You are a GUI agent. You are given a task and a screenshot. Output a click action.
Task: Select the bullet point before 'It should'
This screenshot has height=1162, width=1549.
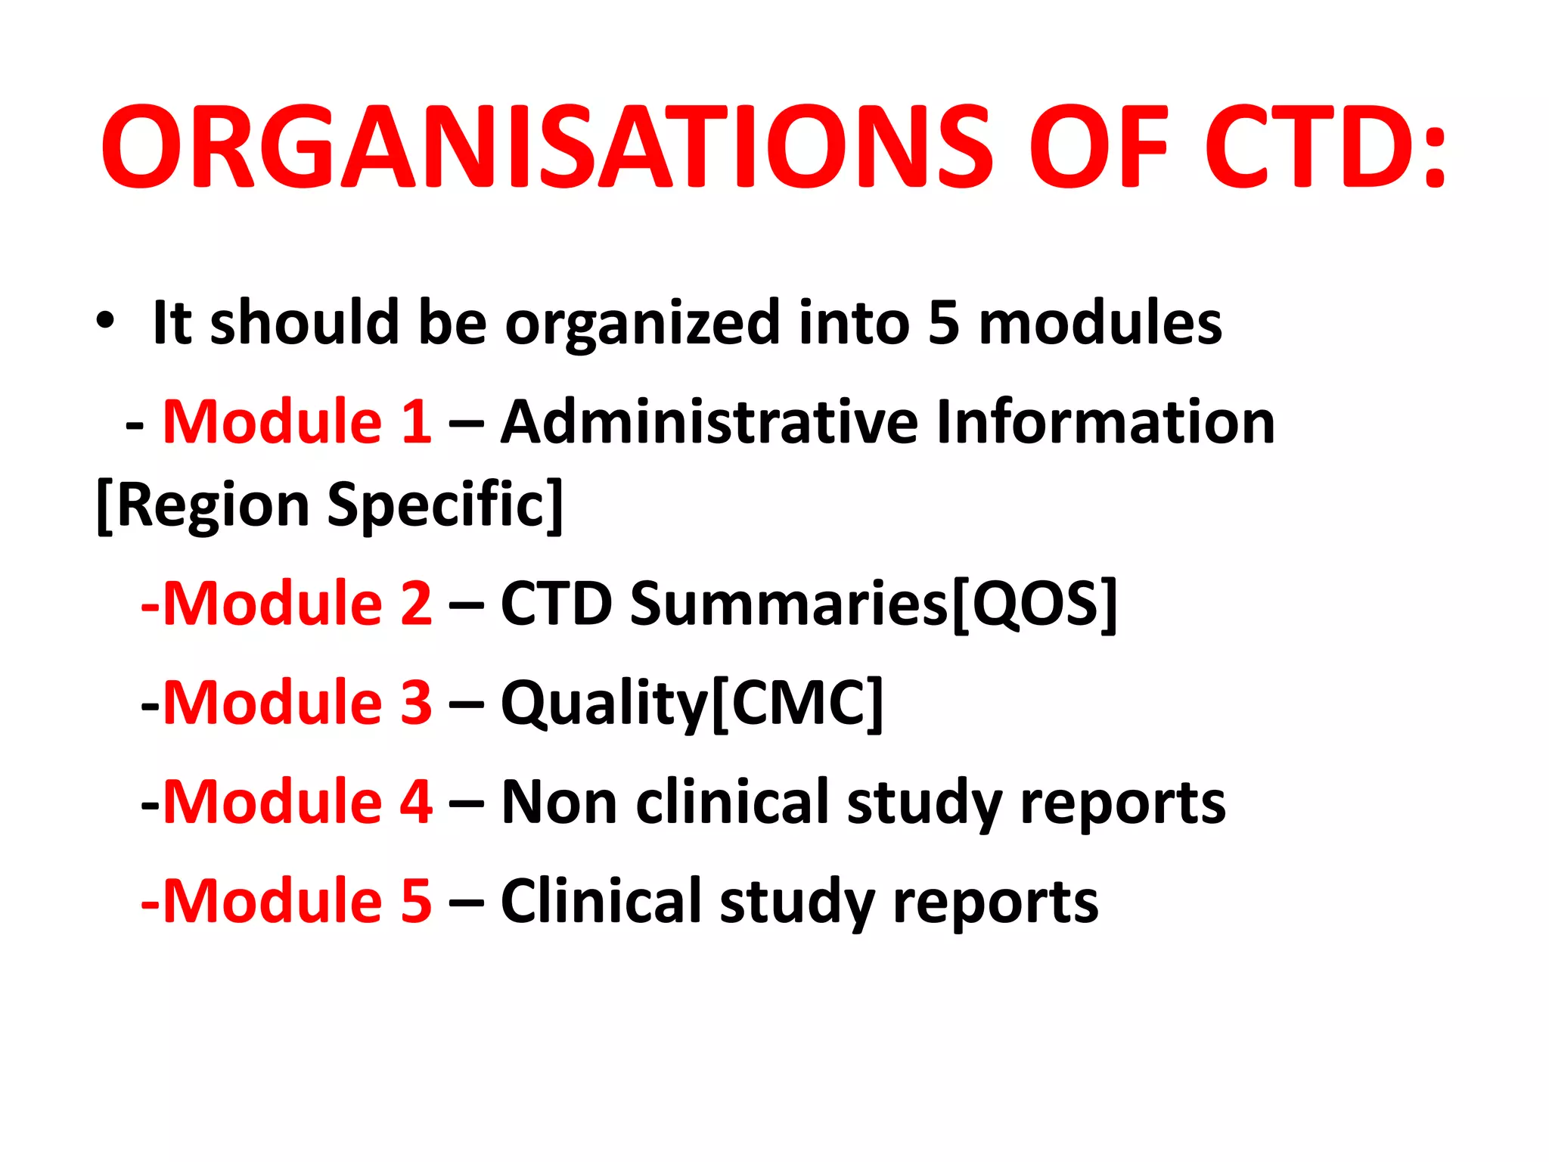pyautogui.click(x=105, y=321)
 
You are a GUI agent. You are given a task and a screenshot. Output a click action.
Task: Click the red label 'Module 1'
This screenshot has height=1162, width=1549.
pyautogui.click(x=297, y=421)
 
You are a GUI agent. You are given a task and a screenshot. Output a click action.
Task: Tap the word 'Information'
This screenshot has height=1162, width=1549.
pyautogui.click(x=1105, y=421)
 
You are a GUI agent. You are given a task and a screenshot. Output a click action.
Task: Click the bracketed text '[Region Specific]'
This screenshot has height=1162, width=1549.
pyautogui.click(x=331, y=505)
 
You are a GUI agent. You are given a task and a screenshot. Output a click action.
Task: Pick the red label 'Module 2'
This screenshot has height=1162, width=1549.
pyautogui.click(x=297, y=604)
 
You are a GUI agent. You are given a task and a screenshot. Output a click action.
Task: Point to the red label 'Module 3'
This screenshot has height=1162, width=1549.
pyautogui.click(x=297, y=703)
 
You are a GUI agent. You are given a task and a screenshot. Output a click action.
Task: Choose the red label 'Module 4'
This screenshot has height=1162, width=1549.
pyautogui.click(x=297, y=802)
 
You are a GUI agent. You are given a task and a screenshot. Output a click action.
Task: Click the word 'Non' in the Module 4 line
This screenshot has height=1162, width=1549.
pyautogui.click(x=559, y=802)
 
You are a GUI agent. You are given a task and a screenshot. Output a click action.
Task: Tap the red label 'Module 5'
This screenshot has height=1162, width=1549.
pyautogui.click(x=297, y=901)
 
